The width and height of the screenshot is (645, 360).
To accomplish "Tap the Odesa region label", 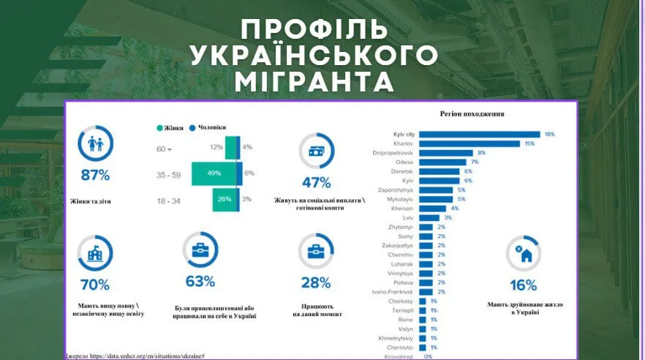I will pos(404,162).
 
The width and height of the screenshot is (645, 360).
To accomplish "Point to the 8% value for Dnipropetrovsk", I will pos(481,153).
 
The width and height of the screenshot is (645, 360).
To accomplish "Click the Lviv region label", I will pos(410,218).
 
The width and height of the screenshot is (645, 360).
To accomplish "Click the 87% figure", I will pos(95,175).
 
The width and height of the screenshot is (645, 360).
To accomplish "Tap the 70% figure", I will pos(95,285).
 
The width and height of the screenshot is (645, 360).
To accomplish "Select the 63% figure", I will pos(200,281).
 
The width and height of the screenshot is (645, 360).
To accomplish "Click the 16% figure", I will pos(523,285).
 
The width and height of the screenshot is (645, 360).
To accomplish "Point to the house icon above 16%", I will pos(524,253).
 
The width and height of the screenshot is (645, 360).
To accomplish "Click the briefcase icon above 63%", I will pos(200,250).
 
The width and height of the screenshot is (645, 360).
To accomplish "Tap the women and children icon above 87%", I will pos(95,143).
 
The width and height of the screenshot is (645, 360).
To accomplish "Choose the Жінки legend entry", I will pos(170,127).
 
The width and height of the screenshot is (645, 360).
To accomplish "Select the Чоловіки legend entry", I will pos(207,127).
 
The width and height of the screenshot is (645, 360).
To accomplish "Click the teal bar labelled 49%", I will pos(214,173).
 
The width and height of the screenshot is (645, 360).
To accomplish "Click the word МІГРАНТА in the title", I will pos(322,80).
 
